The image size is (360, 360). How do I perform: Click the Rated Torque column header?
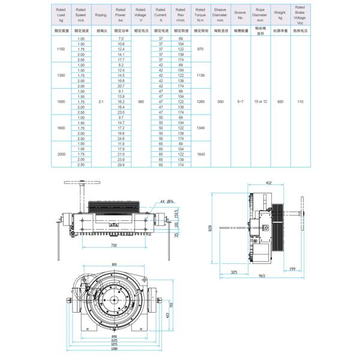(200, 14)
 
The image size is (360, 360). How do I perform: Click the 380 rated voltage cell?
(140, 102)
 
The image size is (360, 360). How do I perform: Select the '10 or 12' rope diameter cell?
(259, 102)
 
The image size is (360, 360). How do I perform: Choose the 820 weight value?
(280, 102)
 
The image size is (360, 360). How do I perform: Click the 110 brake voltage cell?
(301, 102)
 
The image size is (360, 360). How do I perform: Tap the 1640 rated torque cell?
(200, 154)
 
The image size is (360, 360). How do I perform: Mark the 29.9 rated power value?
(121, 164)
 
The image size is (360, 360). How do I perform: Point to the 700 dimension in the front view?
(113, 246)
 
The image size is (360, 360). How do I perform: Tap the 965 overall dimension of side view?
(263, 275)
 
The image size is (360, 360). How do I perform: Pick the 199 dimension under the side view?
(292, 269)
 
